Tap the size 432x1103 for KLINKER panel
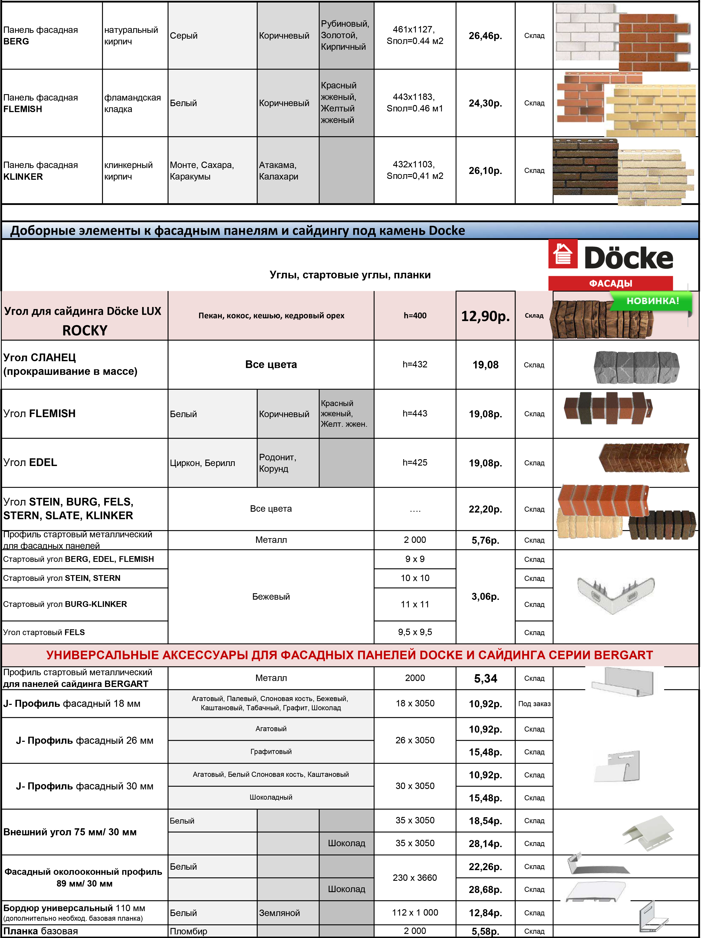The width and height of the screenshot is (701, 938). [414, 165]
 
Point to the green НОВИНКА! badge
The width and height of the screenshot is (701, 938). [652, 301]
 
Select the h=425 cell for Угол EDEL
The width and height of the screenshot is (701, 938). [414, 463]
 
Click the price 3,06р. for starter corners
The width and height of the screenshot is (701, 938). [485, 597]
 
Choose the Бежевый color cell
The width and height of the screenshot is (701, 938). [271, 597]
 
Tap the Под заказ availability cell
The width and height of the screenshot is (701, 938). [534, 704]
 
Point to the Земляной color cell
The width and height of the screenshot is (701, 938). [279, 913]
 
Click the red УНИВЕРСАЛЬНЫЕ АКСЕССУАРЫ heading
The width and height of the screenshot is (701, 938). [350, 655]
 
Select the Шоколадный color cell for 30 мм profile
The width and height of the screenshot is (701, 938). [271, 798]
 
